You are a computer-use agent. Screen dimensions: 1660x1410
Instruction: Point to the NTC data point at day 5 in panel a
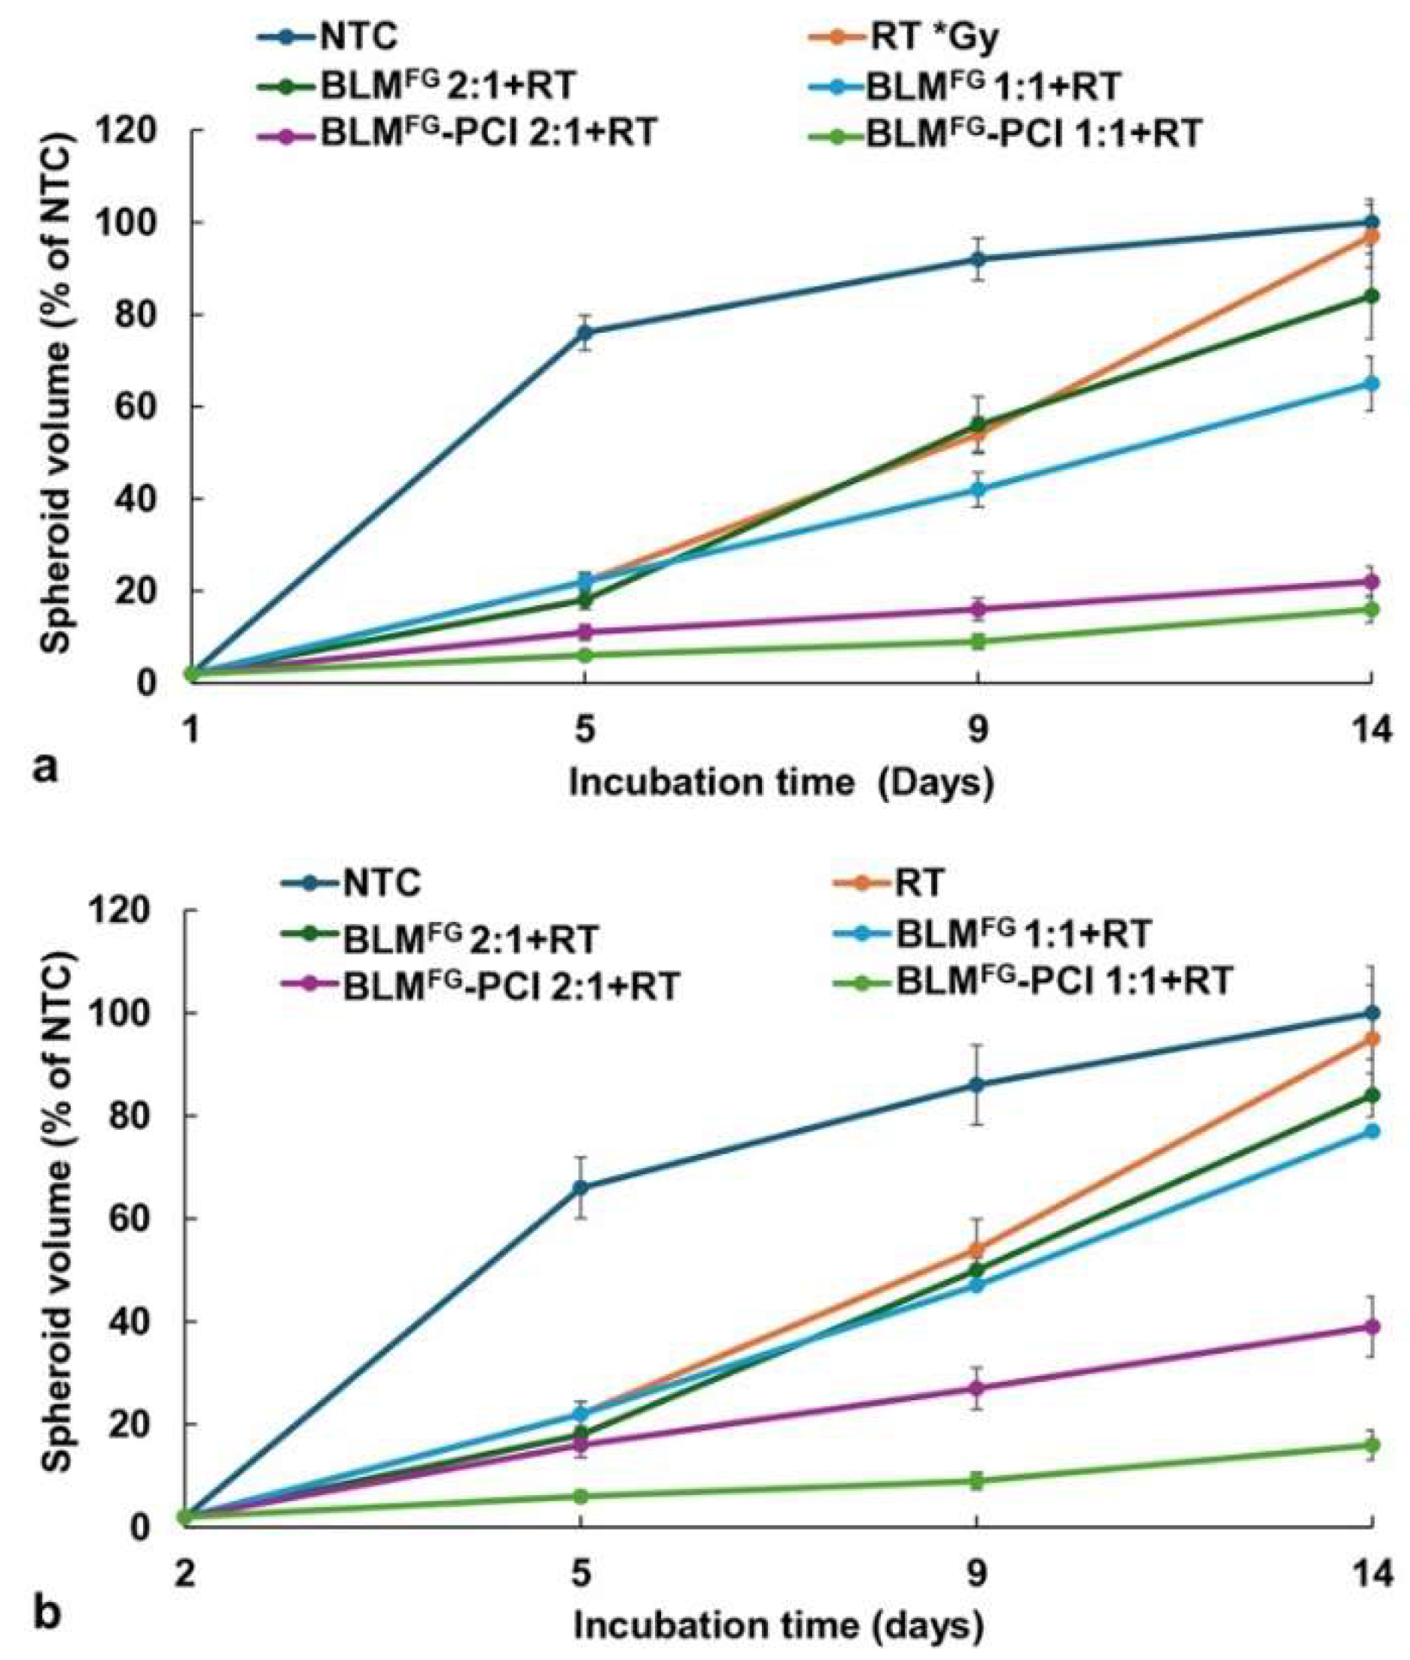585,333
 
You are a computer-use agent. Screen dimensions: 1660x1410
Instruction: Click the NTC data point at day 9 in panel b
977,1085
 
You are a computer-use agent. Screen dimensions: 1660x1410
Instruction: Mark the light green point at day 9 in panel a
978,641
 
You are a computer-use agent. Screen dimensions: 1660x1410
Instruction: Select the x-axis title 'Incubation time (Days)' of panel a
781,781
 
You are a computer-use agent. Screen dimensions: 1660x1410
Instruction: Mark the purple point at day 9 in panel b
977,1388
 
